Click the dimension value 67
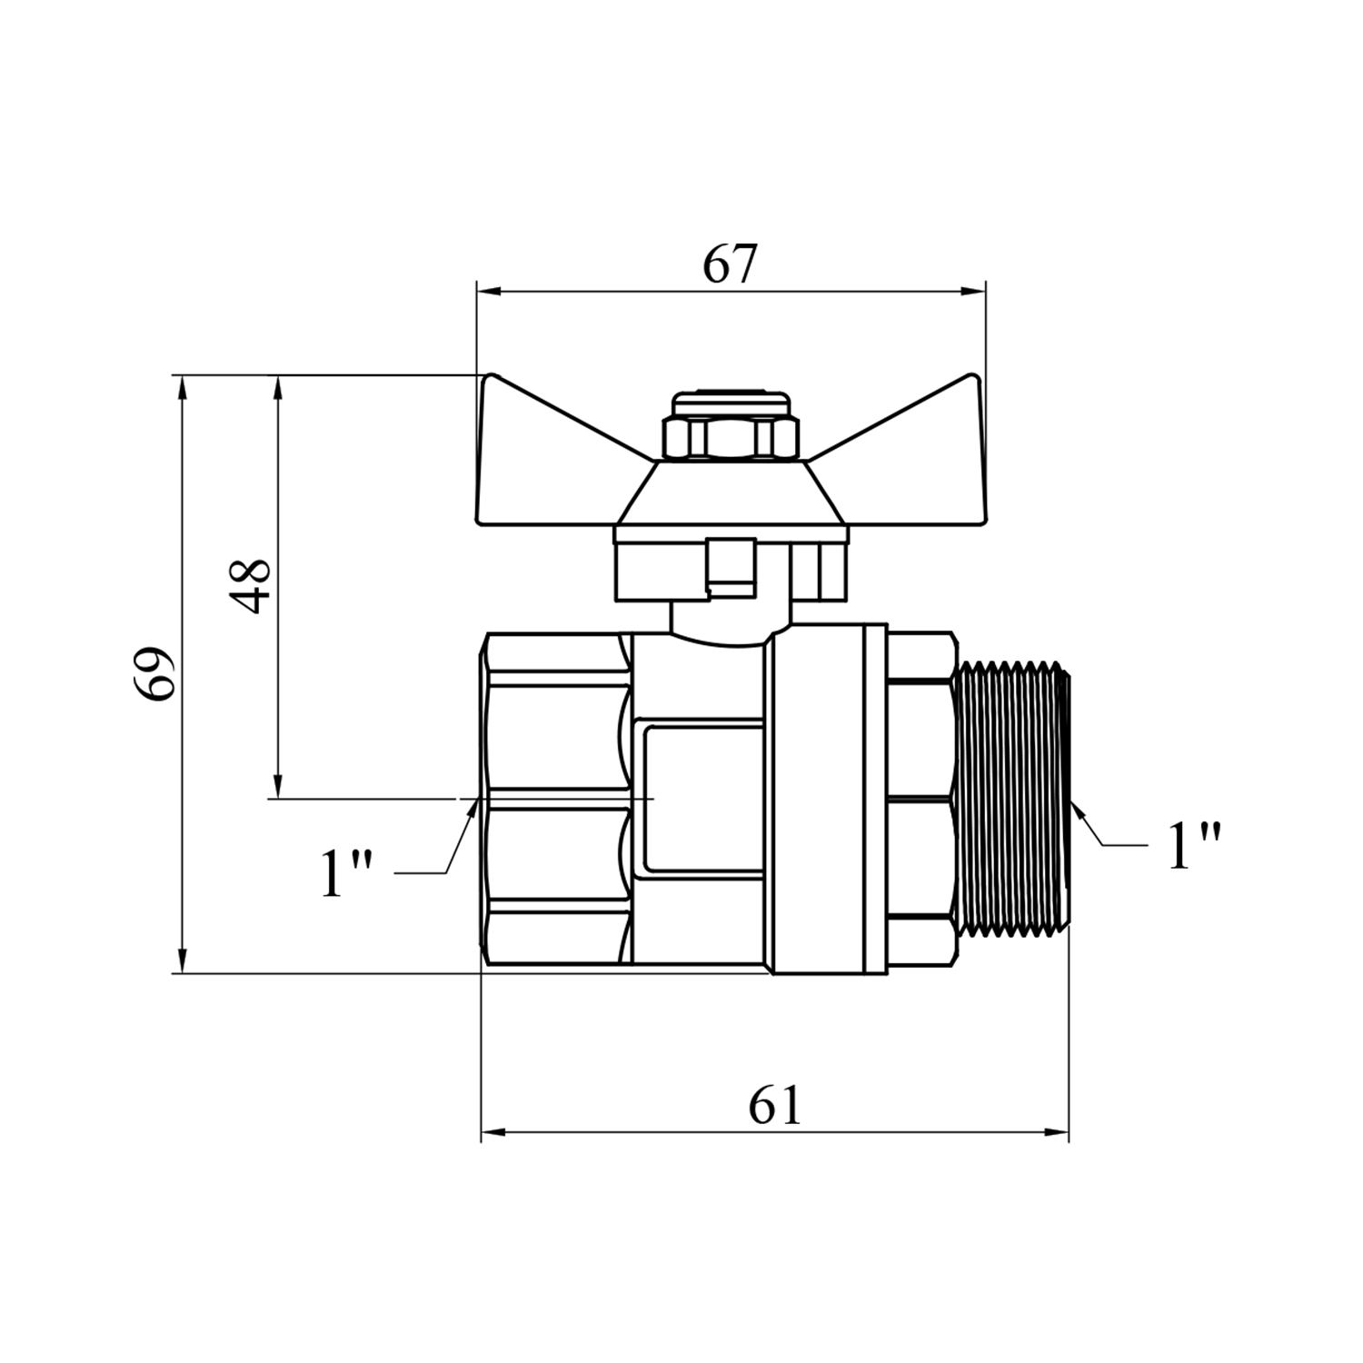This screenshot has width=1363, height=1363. click(x=730, y=264)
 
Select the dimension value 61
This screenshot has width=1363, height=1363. click(x=775, y=1106)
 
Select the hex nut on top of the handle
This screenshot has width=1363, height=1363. click(x=731, y=438)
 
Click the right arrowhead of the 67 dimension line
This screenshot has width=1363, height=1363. click(x=974, y=292)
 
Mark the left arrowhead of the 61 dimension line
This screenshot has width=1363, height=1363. click(x=492, y=1132)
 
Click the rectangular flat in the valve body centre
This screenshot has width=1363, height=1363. click(x=701, y=798)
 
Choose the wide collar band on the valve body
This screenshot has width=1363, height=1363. click(x=828, y=801)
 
